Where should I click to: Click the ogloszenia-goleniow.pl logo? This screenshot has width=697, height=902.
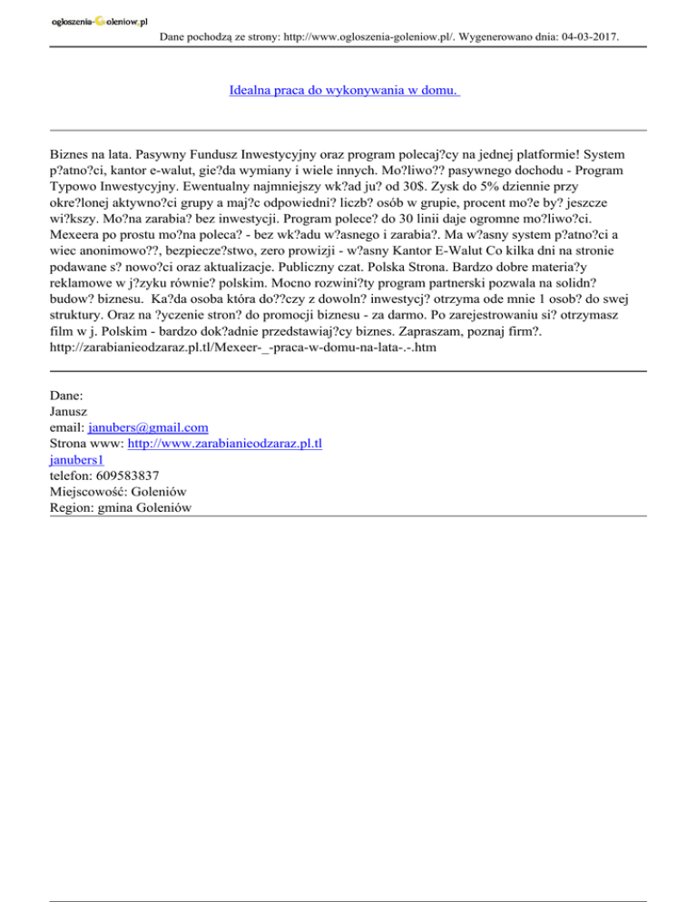click(100, 20)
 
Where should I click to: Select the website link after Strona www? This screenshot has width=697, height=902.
click(226, 444)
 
